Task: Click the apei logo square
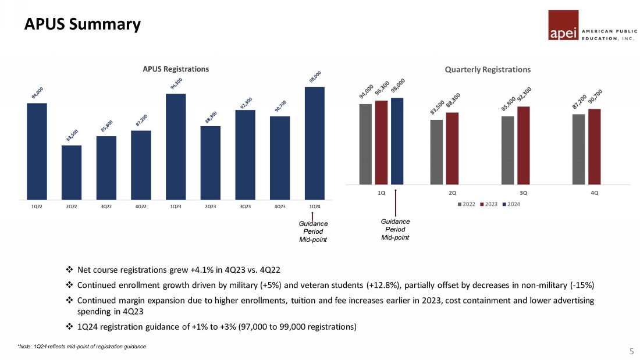563,26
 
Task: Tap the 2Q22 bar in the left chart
72,172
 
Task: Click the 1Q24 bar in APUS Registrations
314,142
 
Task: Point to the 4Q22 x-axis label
141,206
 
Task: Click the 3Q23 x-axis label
245,206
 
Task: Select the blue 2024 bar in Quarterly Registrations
397,140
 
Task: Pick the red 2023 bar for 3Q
523,145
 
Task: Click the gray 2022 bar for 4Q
578,149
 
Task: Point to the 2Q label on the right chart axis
452,192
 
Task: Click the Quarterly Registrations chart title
488,69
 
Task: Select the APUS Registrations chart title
176,69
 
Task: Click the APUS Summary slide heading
82,24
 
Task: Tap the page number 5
631,351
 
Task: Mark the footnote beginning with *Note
81,347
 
